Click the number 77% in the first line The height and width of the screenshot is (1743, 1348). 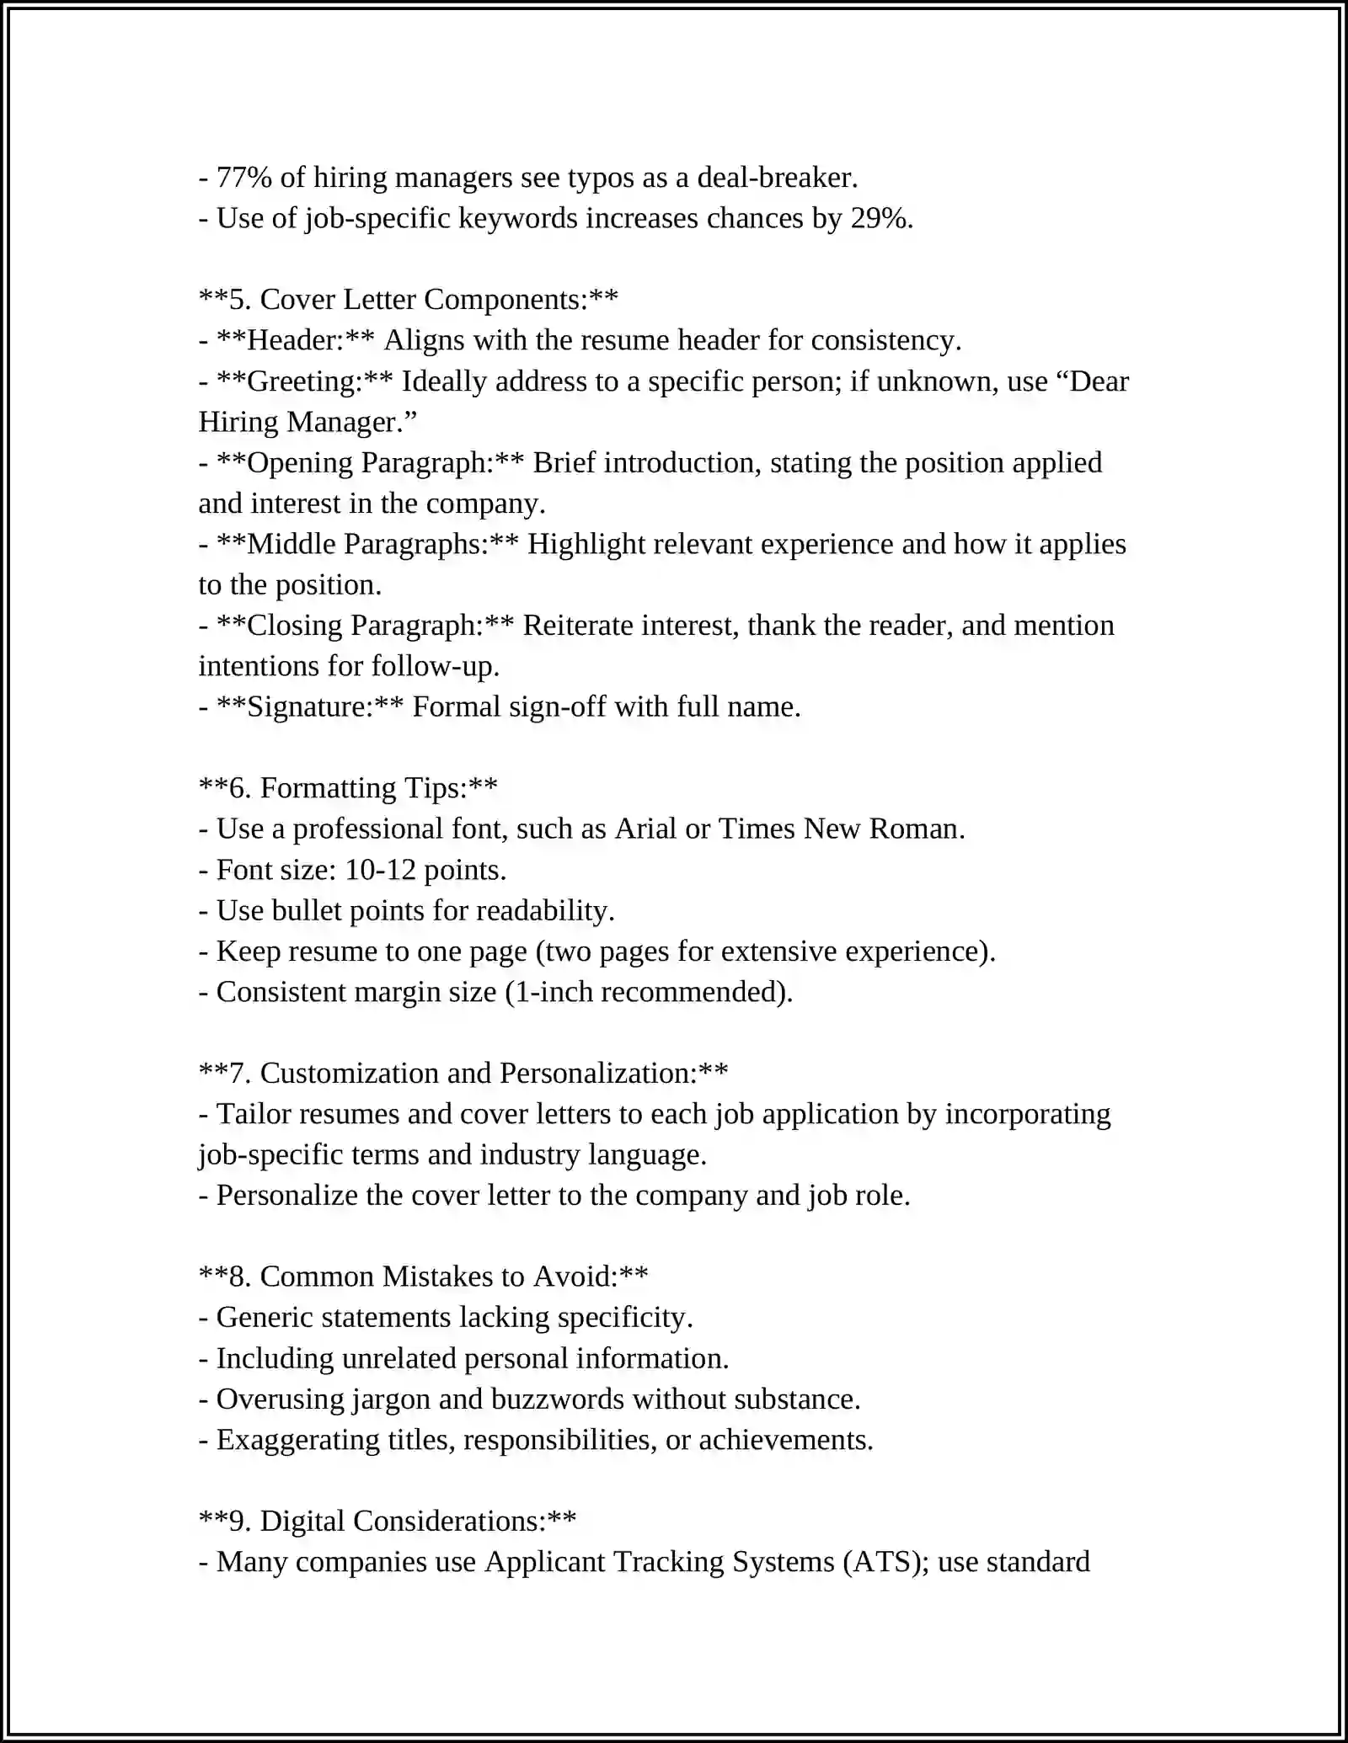pos(243,178)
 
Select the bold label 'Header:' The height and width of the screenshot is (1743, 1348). pos(294,340)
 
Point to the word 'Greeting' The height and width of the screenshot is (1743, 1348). pos(302,381)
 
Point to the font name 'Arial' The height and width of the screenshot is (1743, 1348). pos(645,829)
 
